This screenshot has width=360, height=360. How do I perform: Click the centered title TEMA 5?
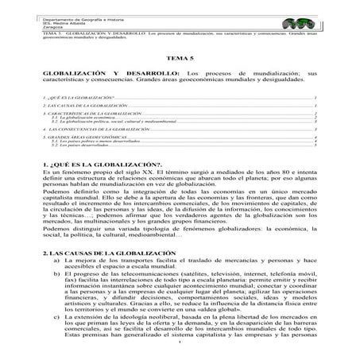tap(180, 59)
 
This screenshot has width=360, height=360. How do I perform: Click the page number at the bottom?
tap(180, 354)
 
